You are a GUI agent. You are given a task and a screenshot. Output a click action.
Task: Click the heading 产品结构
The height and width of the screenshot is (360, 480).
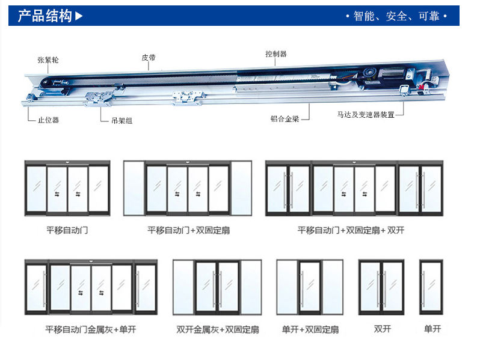(45, 16)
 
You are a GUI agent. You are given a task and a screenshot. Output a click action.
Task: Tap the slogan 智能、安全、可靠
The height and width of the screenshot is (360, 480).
(396, 16)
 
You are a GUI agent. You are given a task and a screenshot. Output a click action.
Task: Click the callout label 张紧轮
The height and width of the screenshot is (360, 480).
(48, 60)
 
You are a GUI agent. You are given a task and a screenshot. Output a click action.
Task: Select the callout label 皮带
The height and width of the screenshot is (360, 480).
(149, 58)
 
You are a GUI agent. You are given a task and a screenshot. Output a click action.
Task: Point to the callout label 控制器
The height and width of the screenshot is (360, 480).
(276, 53)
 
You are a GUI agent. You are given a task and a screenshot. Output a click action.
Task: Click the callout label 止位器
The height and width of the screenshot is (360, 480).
(48, 120)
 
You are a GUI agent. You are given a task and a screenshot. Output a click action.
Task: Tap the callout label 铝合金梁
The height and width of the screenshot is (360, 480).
(285, 119)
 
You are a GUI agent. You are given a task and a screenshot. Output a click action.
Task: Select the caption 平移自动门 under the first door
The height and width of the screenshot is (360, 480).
(67, 230)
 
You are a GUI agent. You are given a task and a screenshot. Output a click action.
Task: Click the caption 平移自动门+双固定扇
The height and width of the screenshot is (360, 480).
(188, 230)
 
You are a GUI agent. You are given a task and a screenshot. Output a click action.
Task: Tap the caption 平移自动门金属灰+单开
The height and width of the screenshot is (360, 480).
(90, 329)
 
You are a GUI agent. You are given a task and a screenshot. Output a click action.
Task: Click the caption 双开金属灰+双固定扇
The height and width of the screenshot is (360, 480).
(217, 329)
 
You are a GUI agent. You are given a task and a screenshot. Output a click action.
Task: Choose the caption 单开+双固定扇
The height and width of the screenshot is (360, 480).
(310, 329)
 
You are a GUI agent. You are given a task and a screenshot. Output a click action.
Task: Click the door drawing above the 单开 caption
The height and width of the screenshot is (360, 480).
(431, 287)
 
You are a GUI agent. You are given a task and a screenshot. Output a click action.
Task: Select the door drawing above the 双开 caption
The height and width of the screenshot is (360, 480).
(381, 287)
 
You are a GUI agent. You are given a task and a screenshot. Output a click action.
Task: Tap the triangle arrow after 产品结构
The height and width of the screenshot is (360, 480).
(79, 16)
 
